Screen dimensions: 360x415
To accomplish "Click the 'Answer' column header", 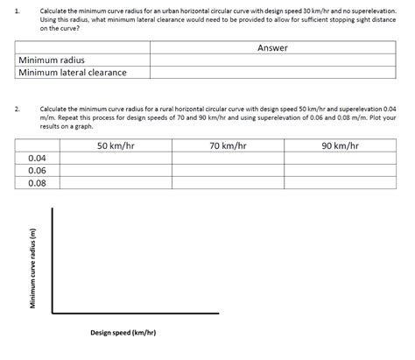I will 272,47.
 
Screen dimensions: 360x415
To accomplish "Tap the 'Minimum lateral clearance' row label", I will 73,73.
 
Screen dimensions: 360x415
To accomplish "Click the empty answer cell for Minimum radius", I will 272,60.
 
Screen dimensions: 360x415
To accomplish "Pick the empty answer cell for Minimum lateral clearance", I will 272,73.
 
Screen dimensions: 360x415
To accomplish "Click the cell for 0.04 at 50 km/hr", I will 115,158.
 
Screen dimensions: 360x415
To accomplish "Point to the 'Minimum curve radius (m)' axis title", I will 32,267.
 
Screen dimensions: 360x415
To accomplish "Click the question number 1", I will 17,10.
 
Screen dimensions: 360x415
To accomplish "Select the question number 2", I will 17,108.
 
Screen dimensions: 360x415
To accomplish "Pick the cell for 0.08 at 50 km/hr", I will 115,183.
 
